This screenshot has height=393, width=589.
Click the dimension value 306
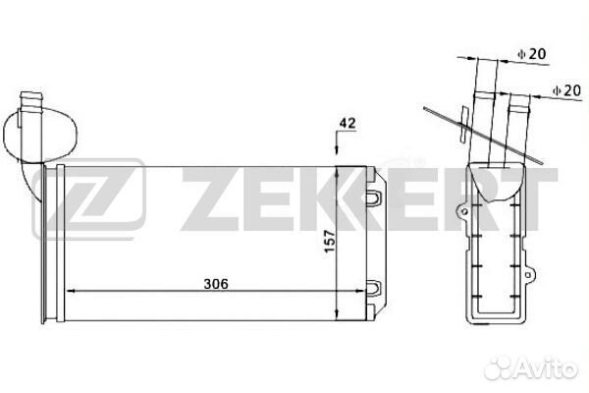pos(217,284)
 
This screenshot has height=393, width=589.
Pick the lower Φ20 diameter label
pos(566,90)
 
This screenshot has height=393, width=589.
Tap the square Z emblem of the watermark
pos(89,201)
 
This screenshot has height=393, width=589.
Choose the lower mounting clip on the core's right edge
pos(375,287)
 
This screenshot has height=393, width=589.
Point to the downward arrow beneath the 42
pos(338,147)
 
